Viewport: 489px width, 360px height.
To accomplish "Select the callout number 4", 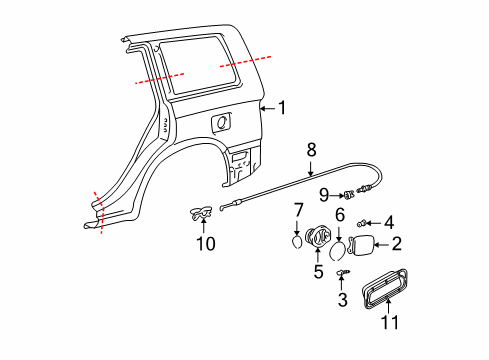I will point(389,222).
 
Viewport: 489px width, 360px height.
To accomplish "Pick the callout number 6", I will point(339,215).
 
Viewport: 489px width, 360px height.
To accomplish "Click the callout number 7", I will point(298,209).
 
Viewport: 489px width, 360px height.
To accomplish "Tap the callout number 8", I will point(312,148).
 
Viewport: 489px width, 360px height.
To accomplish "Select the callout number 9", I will point(325,193).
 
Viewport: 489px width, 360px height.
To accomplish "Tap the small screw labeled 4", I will point(368,223).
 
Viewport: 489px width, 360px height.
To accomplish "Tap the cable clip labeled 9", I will point(347,194).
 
